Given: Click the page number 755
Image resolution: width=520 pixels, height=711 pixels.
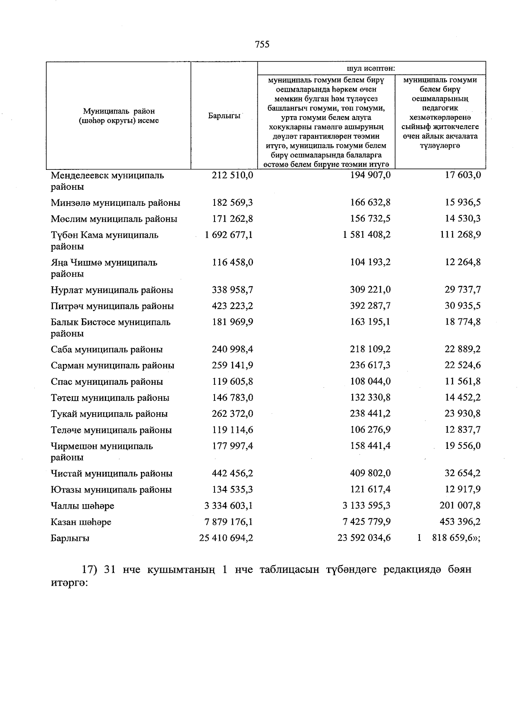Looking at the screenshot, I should coord(262,44).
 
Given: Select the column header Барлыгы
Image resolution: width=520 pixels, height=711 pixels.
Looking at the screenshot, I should coord(224,116).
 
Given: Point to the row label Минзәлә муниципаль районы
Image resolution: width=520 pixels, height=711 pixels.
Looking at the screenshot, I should coord(115,203).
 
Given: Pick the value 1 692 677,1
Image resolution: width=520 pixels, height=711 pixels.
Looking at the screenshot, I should coord(229,235).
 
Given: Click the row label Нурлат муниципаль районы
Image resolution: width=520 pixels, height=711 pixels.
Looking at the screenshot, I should coord(112,290).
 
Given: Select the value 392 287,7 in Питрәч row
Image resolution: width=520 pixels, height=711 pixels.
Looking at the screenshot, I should coord(370,306).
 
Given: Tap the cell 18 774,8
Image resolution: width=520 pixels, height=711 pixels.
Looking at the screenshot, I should coord(463,322).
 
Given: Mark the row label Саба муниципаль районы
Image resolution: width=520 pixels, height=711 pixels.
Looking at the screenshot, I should coord(107,349).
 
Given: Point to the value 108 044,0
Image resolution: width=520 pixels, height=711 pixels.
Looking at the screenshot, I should coord(370,381).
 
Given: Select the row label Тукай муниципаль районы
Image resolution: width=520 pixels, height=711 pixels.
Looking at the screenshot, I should coord(109,414).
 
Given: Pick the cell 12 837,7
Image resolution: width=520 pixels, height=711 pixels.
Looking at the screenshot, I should coord(463,430).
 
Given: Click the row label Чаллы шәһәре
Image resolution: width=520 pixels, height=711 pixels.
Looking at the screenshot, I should coord(82,506).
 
